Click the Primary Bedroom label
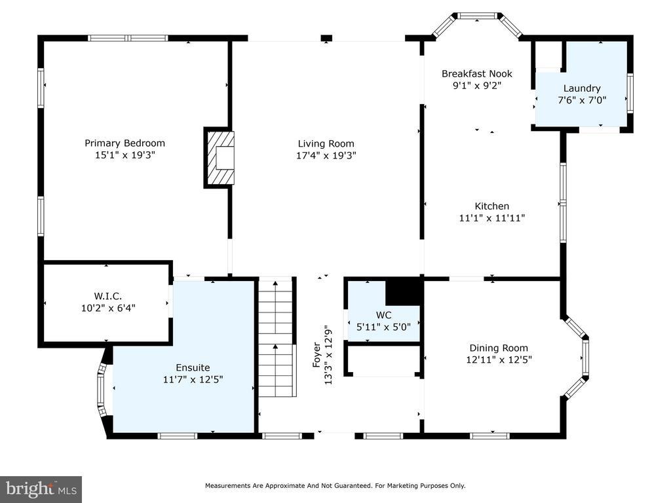coord(125,143)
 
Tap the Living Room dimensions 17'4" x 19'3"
coord(326,155)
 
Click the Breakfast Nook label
coord(477,73)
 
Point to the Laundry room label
coord(582,88)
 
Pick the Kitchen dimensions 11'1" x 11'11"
coord(492,218)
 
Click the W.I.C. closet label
coord(108,296)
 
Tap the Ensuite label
coord(193,367)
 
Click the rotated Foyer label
coord(316,355)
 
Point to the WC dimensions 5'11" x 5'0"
coord(383,327)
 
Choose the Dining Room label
coord(499,348)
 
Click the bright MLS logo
coord(41,489)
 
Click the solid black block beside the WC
coord(404,291)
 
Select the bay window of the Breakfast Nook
coord(477,24)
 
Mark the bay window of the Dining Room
coord(576,358)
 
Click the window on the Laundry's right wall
coord(630,93)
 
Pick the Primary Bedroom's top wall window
coord(128,38)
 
